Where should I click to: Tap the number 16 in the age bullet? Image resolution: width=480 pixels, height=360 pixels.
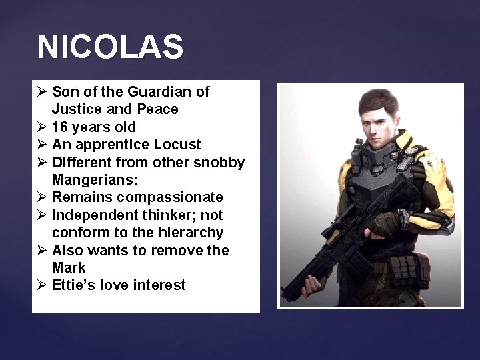pos(60,127)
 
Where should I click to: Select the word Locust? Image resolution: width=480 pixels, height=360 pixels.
pos(178,145)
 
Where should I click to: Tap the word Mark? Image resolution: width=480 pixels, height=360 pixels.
pos(69,268)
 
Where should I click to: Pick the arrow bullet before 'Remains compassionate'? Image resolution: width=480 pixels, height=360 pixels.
pos(43,198)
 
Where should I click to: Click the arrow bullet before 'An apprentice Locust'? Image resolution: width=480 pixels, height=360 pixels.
pos(43,145)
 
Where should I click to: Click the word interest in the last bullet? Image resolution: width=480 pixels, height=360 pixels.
pos(161,285)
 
